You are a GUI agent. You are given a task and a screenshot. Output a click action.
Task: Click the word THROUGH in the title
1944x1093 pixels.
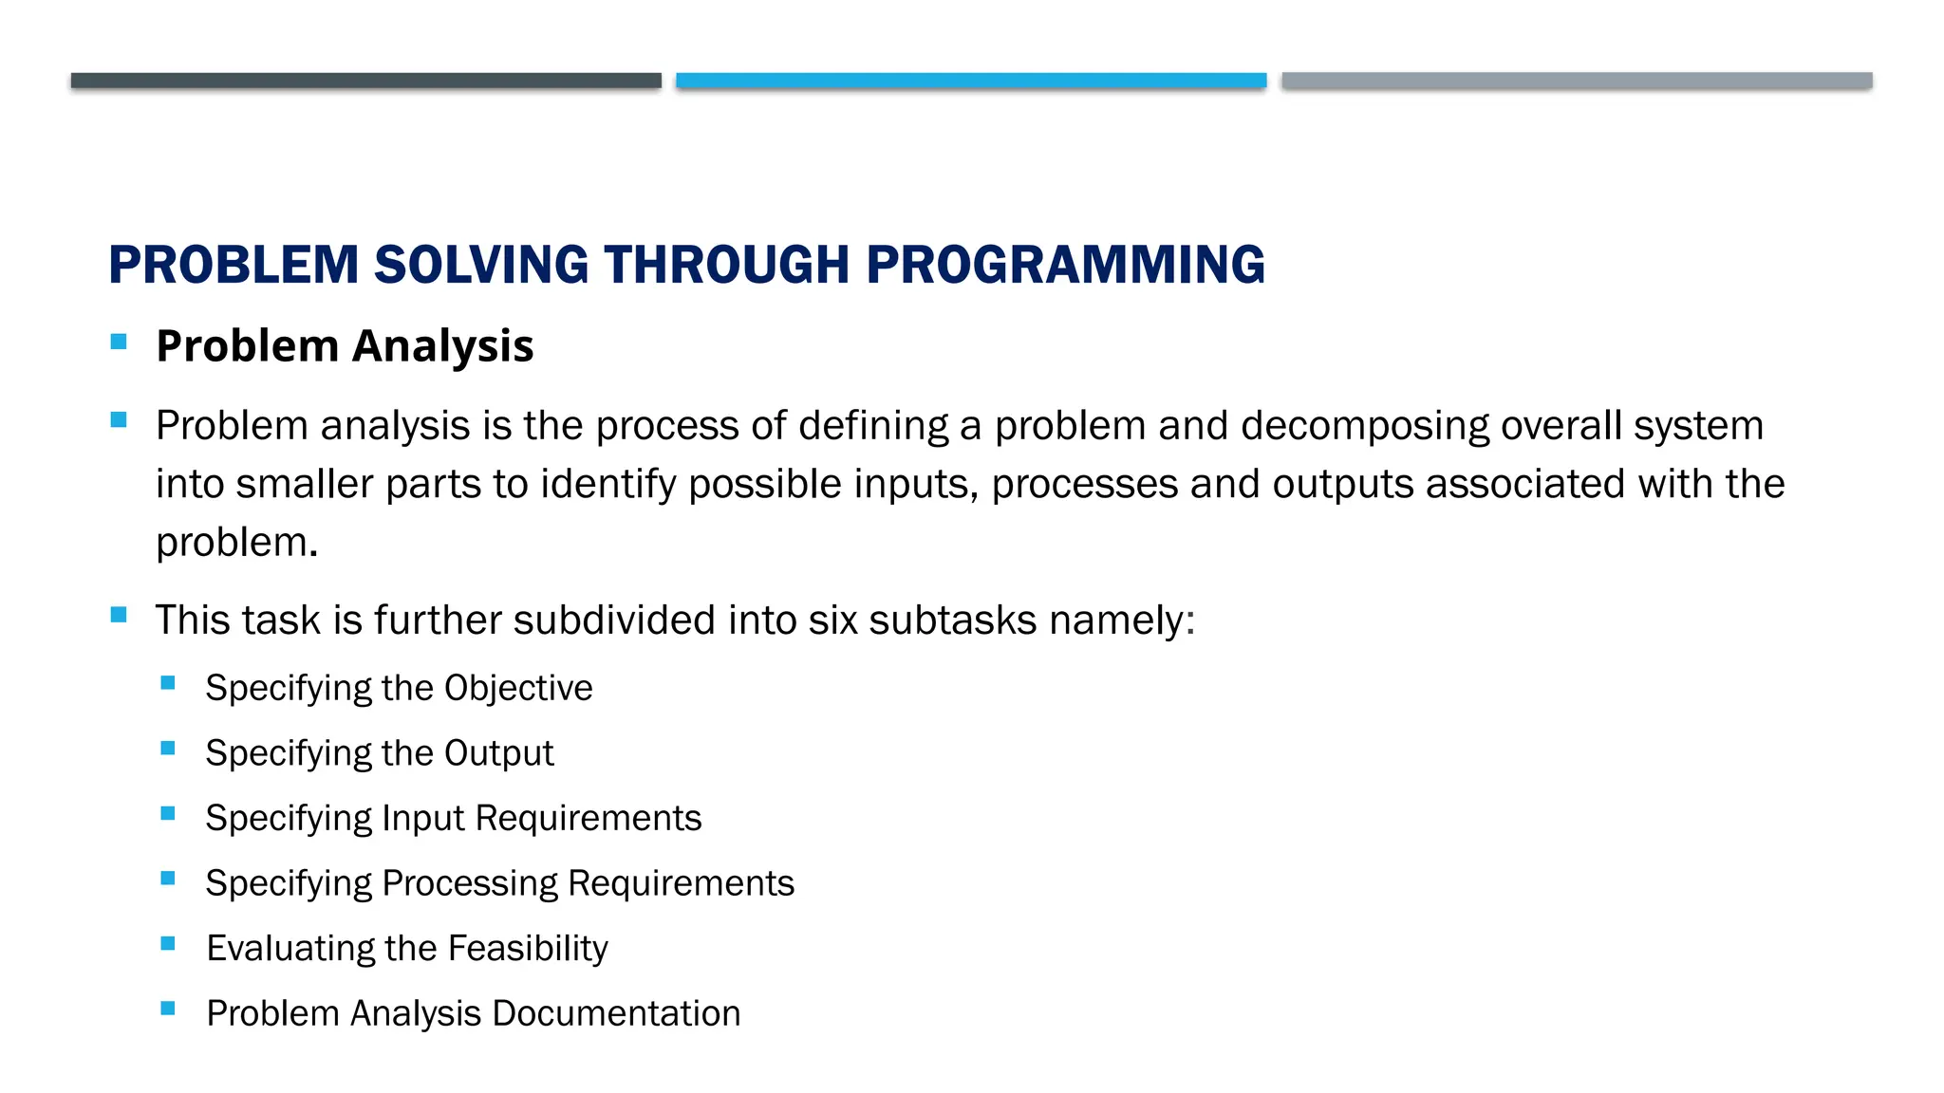pyautogui.click(x=726, y=265)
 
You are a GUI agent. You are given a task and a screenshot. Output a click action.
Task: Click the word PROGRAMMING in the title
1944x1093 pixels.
pyautogui.click(x=1065, y=265)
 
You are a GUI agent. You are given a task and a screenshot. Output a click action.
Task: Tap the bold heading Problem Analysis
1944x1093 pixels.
pyautogui.click(x=345, y=346)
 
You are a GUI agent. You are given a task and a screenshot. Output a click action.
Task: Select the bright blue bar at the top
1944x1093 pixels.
pyautogui.click(x=971, y=81)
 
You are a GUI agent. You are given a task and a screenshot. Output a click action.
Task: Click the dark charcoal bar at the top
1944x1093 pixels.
pyautogui.click(x=365, y=81)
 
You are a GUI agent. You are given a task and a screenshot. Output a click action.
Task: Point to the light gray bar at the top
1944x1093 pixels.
pyautogui.click(x=1577, y=81)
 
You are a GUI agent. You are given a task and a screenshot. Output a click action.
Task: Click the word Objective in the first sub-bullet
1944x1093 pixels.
pyautogui.click(x=518, y=688)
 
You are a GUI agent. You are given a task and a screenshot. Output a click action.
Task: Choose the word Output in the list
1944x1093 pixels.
pyautogui.click(x=498, y=753)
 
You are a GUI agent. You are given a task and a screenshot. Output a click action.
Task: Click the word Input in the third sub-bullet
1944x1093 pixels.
pyautogui.click(x=422, y=819)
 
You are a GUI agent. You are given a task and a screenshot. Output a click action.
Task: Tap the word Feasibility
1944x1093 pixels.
pyautogui.click(x=528, y=949)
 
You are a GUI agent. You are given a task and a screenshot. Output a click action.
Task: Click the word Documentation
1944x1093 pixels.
pyautogui.click(x=616, y=1014)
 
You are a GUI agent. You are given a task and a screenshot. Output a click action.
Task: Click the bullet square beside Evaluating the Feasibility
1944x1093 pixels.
pyautogui.click(x=168, y=944)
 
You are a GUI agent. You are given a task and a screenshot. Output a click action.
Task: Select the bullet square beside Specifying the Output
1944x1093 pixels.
pyautogui.click(x=168, y=749)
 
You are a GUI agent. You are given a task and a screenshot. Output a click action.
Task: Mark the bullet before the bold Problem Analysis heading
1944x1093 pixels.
pyautogui.click(x=119, y=343)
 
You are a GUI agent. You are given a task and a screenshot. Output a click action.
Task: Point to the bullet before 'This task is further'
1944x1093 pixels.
pyautogui.click(x=119, y=615)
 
